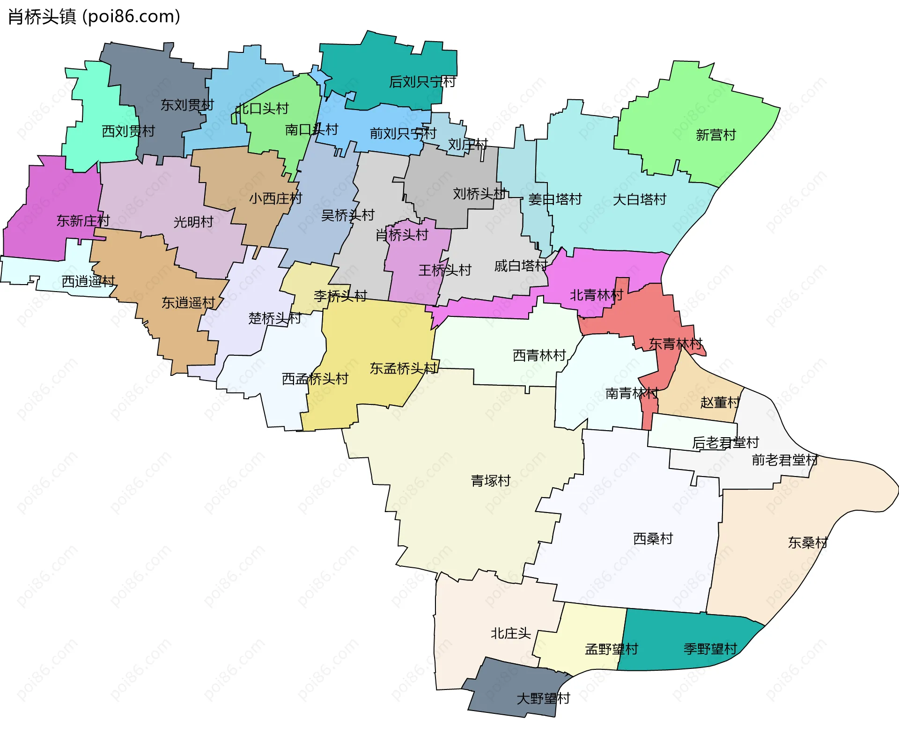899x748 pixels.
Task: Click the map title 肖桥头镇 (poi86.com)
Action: [x=94, y=17]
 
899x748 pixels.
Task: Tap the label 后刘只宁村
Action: [x=422, y=82]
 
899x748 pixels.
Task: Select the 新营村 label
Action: [x=715, y=135]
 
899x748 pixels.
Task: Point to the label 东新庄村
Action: [x=83, y=220]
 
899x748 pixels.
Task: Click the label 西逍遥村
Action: [x=88, y=281]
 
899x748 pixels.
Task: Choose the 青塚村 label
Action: [x=490, y=481]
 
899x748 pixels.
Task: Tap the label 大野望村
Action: [x=543, y=698]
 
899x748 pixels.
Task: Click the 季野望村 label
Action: [x=710, y=649]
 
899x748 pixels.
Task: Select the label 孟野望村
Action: [x=611, y=649]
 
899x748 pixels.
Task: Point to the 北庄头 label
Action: [x=510, y=633]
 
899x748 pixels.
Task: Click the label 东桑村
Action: [x=808, y=543]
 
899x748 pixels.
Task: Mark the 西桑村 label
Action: [x=653, y=539]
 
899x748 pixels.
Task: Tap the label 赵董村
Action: [x=720, y=402]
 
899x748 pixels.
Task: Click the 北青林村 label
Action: [x=596, y=295]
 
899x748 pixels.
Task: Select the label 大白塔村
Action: [x=639, y=199]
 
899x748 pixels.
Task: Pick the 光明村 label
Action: [x=193, y=222]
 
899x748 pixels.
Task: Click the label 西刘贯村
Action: [x=128, y=131]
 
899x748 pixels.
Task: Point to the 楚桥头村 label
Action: [x=274, y=318]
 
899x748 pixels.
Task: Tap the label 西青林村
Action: [x=539, y=355]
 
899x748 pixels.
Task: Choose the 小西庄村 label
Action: [x=275, y=198]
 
